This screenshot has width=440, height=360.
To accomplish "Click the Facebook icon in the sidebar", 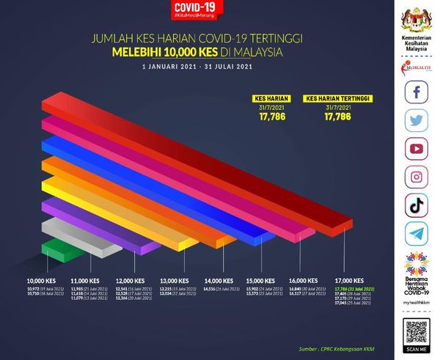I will pyautogui.click(x=415, y=93).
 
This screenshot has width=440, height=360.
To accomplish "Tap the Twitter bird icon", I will pyautogui.click(x=415, y=121).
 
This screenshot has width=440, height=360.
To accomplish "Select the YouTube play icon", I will pyautogui.click(x=415, y=149).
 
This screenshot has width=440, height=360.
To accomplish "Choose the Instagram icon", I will pyautogui.click(x=415, y=177).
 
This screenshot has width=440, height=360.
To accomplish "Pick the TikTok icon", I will pyautogui.click(x=415, y=205).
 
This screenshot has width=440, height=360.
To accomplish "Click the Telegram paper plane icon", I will pyautogui.click(x=415, y=234).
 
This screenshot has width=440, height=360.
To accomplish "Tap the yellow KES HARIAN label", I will pyautogui.click(x=263, y=96).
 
